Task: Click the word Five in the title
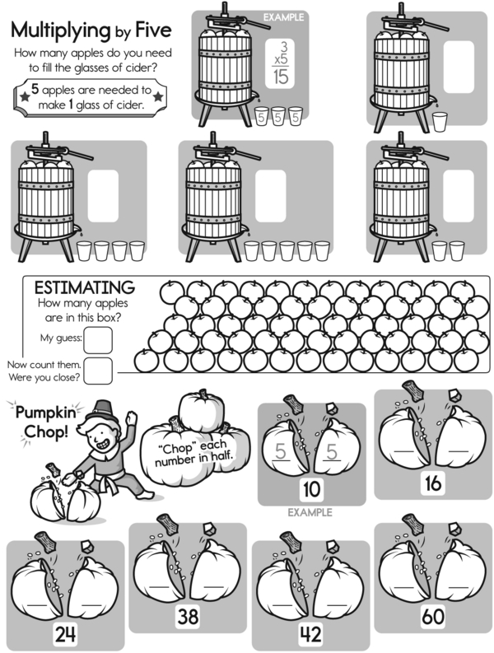[x=148, y=30]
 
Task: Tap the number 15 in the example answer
[x=282, y=77]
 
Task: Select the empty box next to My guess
[x=99, y=338]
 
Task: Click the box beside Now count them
[x=98, y=371]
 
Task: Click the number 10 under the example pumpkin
[x=311, y=490]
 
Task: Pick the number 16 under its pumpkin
[x=433, y=483]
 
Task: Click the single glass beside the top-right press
[x=440, y=122]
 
